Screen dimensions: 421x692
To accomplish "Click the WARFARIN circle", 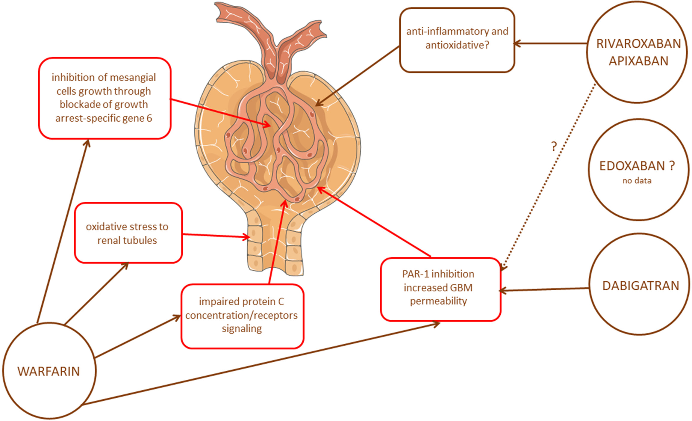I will [x=49, y=371].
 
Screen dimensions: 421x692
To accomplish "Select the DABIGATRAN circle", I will [x=640, y=285].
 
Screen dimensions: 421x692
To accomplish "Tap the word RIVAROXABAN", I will [x=638, y=44].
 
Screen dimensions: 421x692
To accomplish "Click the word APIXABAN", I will [x=638, y=61].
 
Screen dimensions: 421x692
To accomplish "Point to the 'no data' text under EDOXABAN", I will [x=637, y=181].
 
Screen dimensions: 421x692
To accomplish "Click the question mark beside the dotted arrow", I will [x=554, y=147].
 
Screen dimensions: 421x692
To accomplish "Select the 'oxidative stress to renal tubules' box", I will [x=128, y=233].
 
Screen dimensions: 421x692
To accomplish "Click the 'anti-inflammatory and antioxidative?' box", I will [x=457, y=40].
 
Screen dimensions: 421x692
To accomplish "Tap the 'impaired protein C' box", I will [x=242, y=316].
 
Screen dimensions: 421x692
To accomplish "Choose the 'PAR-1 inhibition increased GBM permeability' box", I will [x=440, y=289].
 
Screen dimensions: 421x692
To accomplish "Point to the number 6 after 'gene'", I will [x=149, y=118].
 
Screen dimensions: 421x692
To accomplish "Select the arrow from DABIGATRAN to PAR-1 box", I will [x=544, y=289].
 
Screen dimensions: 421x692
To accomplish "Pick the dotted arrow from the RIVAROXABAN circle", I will [x=548, y=177].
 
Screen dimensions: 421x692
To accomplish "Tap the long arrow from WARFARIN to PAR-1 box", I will [x=261, y=364].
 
